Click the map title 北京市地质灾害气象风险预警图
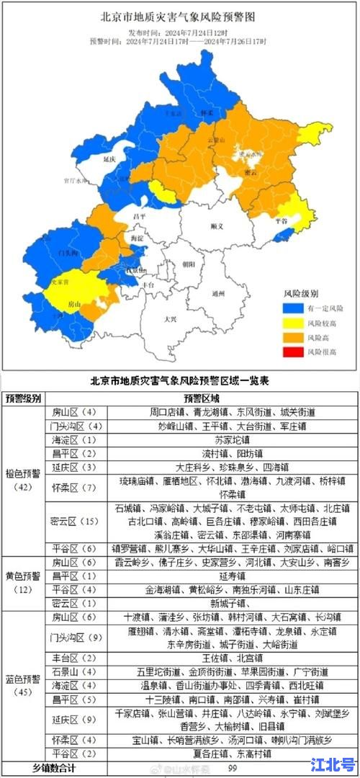179,16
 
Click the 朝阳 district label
189,264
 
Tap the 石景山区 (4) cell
70,671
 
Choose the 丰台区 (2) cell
70,657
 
